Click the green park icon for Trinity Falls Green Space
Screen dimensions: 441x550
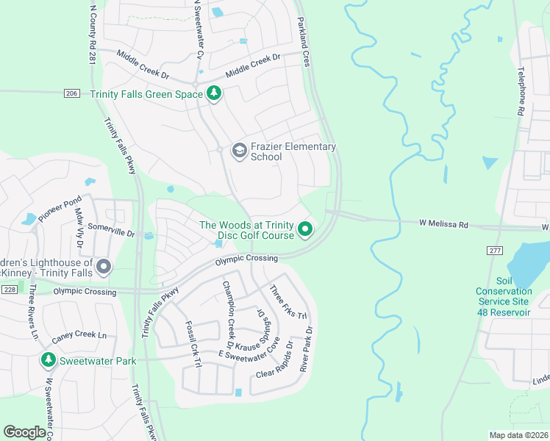tap(214, 93)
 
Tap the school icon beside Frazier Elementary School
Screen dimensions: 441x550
tap(238, 151)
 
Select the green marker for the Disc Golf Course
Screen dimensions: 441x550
tap(305, 231)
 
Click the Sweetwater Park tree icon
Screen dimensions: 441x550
tap(48, 360)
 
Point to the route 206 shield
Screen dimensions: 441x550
tap(71, 93)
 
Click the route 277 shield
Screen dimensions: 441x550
tap(495, 251)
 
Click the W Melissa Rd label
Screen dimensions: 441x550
tap(443, 222)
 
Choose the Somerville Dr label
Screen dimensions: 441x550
tap(111, 230)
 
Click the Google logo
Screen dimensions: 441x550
tap(25, 431)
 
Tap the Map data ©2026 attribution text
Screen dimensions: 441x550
tap(518, 434)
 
